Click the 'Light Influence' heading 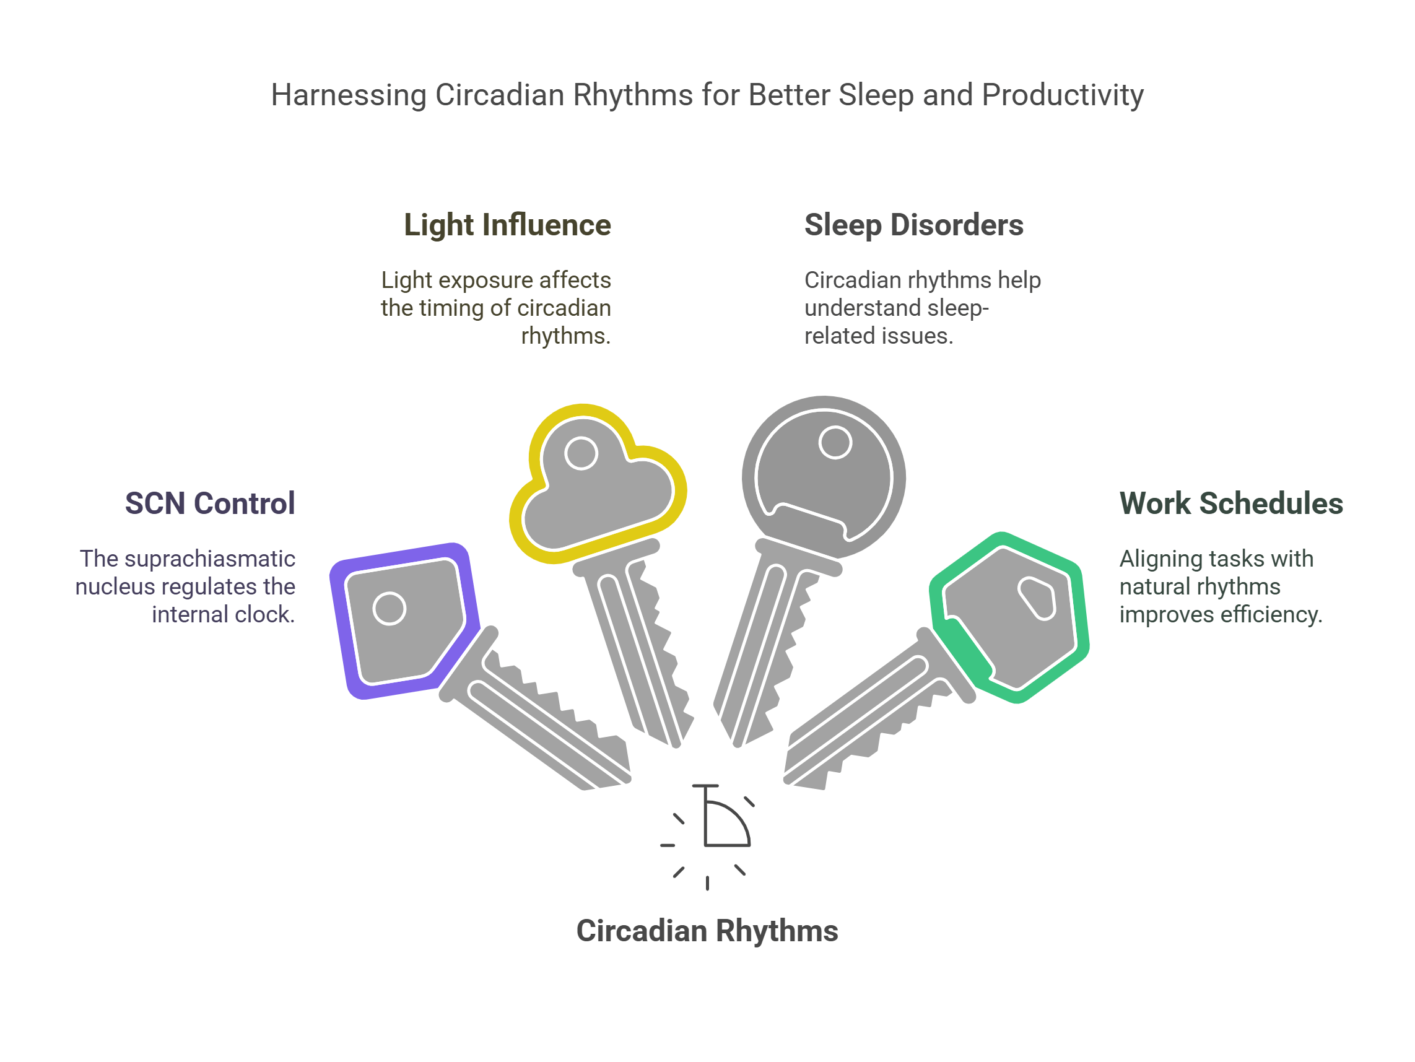(x=507, y=225)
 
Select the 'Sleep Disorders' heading (x=913, y=225)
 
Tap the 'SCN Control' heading (x=210, y=503)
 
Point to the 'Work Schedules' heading (x=1230, y=503)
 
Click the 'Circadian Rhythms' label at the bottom (x=707, y=931)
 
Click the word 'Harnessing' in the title (x=348, y=95)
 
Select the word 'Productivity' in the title (x=1063, y=95)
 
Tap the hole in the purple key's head (x=390, y=609)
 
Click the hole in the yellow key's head (x=581, y=453)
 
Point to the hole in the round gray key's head (x=835, y=443)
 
